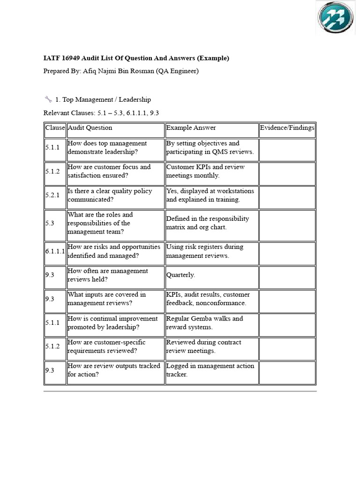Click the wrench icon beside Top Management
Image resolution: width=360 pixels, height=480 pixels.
coord(48,99)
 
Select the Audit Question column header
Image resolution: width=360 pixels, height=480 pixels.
coord(90,127)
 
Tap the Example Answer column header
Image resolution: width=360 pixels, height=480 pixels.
coord(191,127)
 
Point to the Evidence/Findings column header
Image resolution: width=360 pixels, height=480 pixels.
coord(287,127)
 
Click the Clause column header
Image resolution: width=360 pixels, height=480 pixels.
coord(55,127)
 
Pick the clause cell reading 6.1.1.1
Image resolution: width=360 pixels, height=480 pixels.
coord(55,251)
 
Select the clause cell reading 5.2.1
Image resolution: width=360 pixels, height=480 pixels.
coord(52,195)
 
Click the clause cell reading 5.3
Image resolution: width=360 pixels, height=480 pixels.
coord(50,223)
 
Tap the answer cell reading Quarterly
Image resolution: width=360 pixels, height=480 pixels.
coord(180,275)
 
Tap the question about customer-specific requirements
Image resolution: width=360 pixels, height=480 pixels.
coord(109,346)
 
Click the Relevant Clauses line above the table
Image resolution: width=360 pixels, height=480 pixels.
coord(101,113)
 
